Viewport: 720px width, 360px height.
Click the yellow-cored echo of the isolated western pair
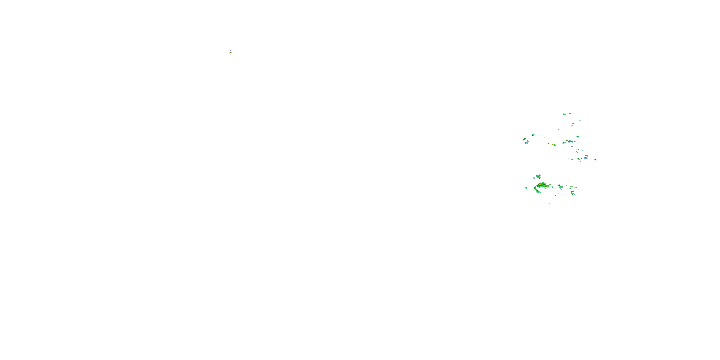coord(230,53)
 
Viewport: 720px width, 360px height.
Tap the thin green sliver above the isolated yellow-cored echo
coord(230,51)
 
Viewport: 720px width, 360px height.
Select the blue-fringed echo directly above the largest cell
coord(538,176)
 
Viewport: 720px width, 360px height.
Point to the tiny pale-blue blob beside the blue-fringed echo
coord(534,178)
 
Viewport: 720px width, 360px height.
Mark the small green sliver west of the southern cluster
coord(526,188)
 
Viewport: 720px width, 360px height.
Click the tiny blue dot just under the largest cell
coord(545,189)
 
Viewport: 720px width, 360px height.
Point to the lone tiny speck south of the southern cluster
coord(550,203)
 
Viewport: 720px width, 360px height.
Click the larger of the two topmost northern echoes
coord(564,114)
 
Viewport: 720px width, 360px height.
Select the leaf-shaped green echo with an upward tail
coord(533,135)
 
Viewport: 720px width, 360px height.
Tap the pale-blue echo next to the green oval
coord(527,142)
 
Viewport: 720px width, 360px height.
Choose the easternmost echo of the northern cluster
coord(595,160)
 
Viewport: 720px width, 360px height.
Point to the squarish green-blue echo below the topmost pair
coord(573,124)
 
